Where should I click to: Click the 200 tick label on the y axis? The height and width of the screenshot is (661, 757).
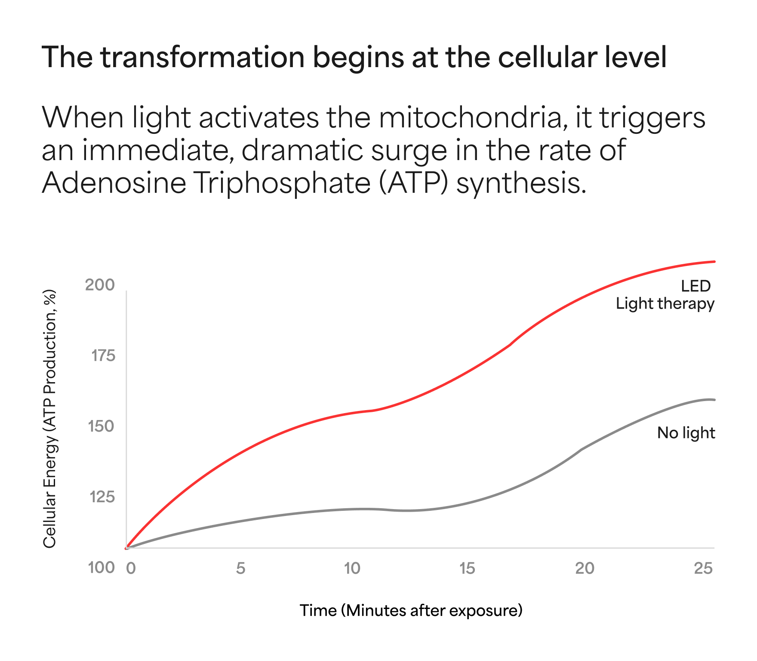tap(100, 285)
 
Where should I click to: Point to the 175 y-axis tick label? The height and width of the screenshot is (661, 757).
tap(103, 355)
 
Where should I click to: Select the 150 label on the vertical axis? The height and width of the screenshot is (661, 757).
tap(101, 426)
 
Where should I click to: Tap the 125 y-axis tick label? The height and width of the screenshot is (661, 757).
tap(102, 497)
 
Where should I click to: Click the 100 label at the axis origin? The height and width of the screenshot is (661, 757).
tap(101, 568)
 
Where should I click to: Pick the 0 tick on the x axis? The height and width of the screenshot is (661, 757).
tap(131, 568)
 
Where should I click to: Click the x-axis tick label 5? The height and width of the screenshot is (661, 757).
tap(240, 568)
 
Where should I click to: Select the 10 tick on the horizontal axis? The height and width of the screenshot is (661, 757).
tap(352, 568)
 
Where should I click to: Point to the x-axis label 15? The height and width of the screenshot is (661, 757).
tap(467, 568)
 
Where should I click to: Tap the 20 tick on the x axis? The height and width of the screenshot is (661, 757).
tap(585, 568)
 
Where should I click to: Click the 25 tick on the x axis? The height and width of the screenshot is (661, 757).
tap(703, 568)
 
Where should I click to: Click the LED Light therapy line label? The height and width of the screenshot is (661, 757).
tap(665, 295)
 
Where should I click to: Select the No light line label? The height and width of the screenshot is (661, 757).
tap(686, 433)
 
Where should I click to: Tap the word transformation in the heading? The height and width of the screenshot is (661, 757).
tap(203, 57)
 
